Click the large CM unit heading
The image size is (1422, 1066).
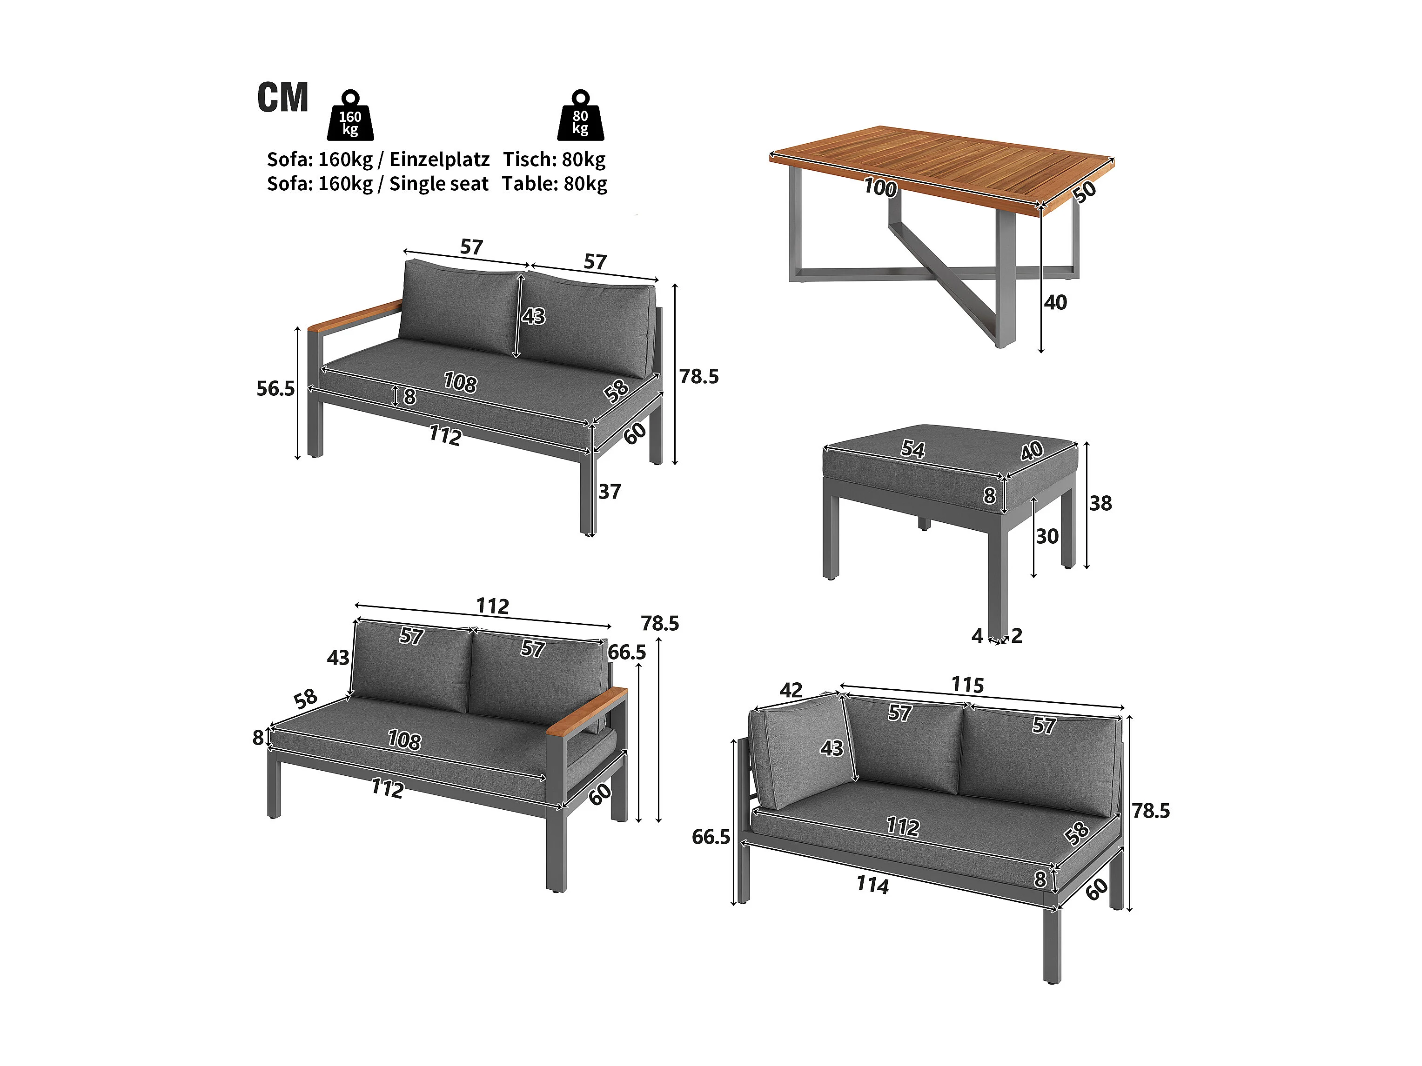pos(283,98)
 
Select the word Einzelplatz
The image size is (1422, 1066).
pos(439,160)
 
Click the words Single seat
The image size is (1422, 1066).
pos(439,184)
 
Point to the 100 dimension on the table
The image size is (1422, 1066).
pos(880,187)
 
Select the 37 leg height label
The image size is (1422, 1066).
pos(610,492)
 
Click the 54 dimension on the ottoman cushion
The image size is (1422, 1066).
pos(913,448)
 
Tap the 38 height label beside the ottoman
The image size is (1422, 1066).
pos(1100,503)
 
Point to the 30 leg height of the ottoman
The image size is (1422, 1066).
pos(1047,536)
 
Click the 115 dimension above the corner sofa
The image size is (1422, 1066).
pos(967,685)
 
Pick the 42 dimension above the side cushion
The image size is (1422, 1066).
pos(791,690)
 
